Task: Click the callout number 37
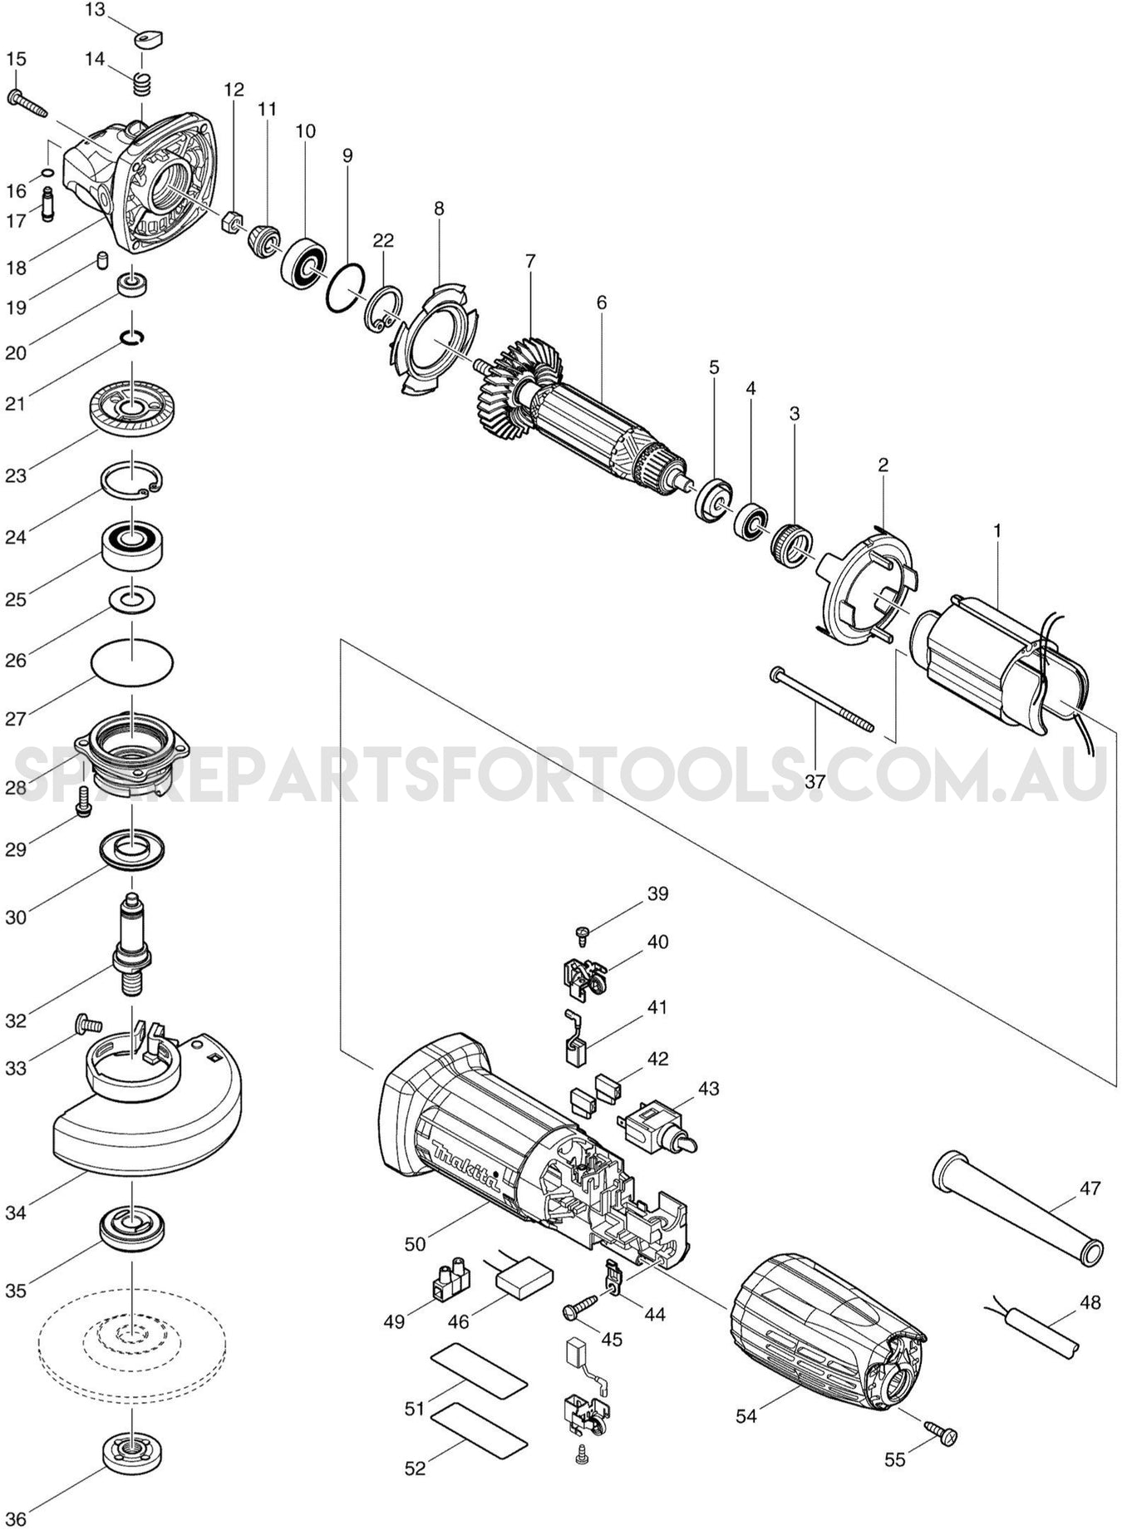814,781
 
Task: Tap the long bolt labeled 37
823,699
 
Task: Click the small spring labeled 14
143,84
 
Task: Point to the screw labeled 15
27,104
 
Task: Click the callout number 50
415,1244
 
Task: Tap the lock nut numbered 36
131,1451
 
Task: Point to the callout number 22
383,241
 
